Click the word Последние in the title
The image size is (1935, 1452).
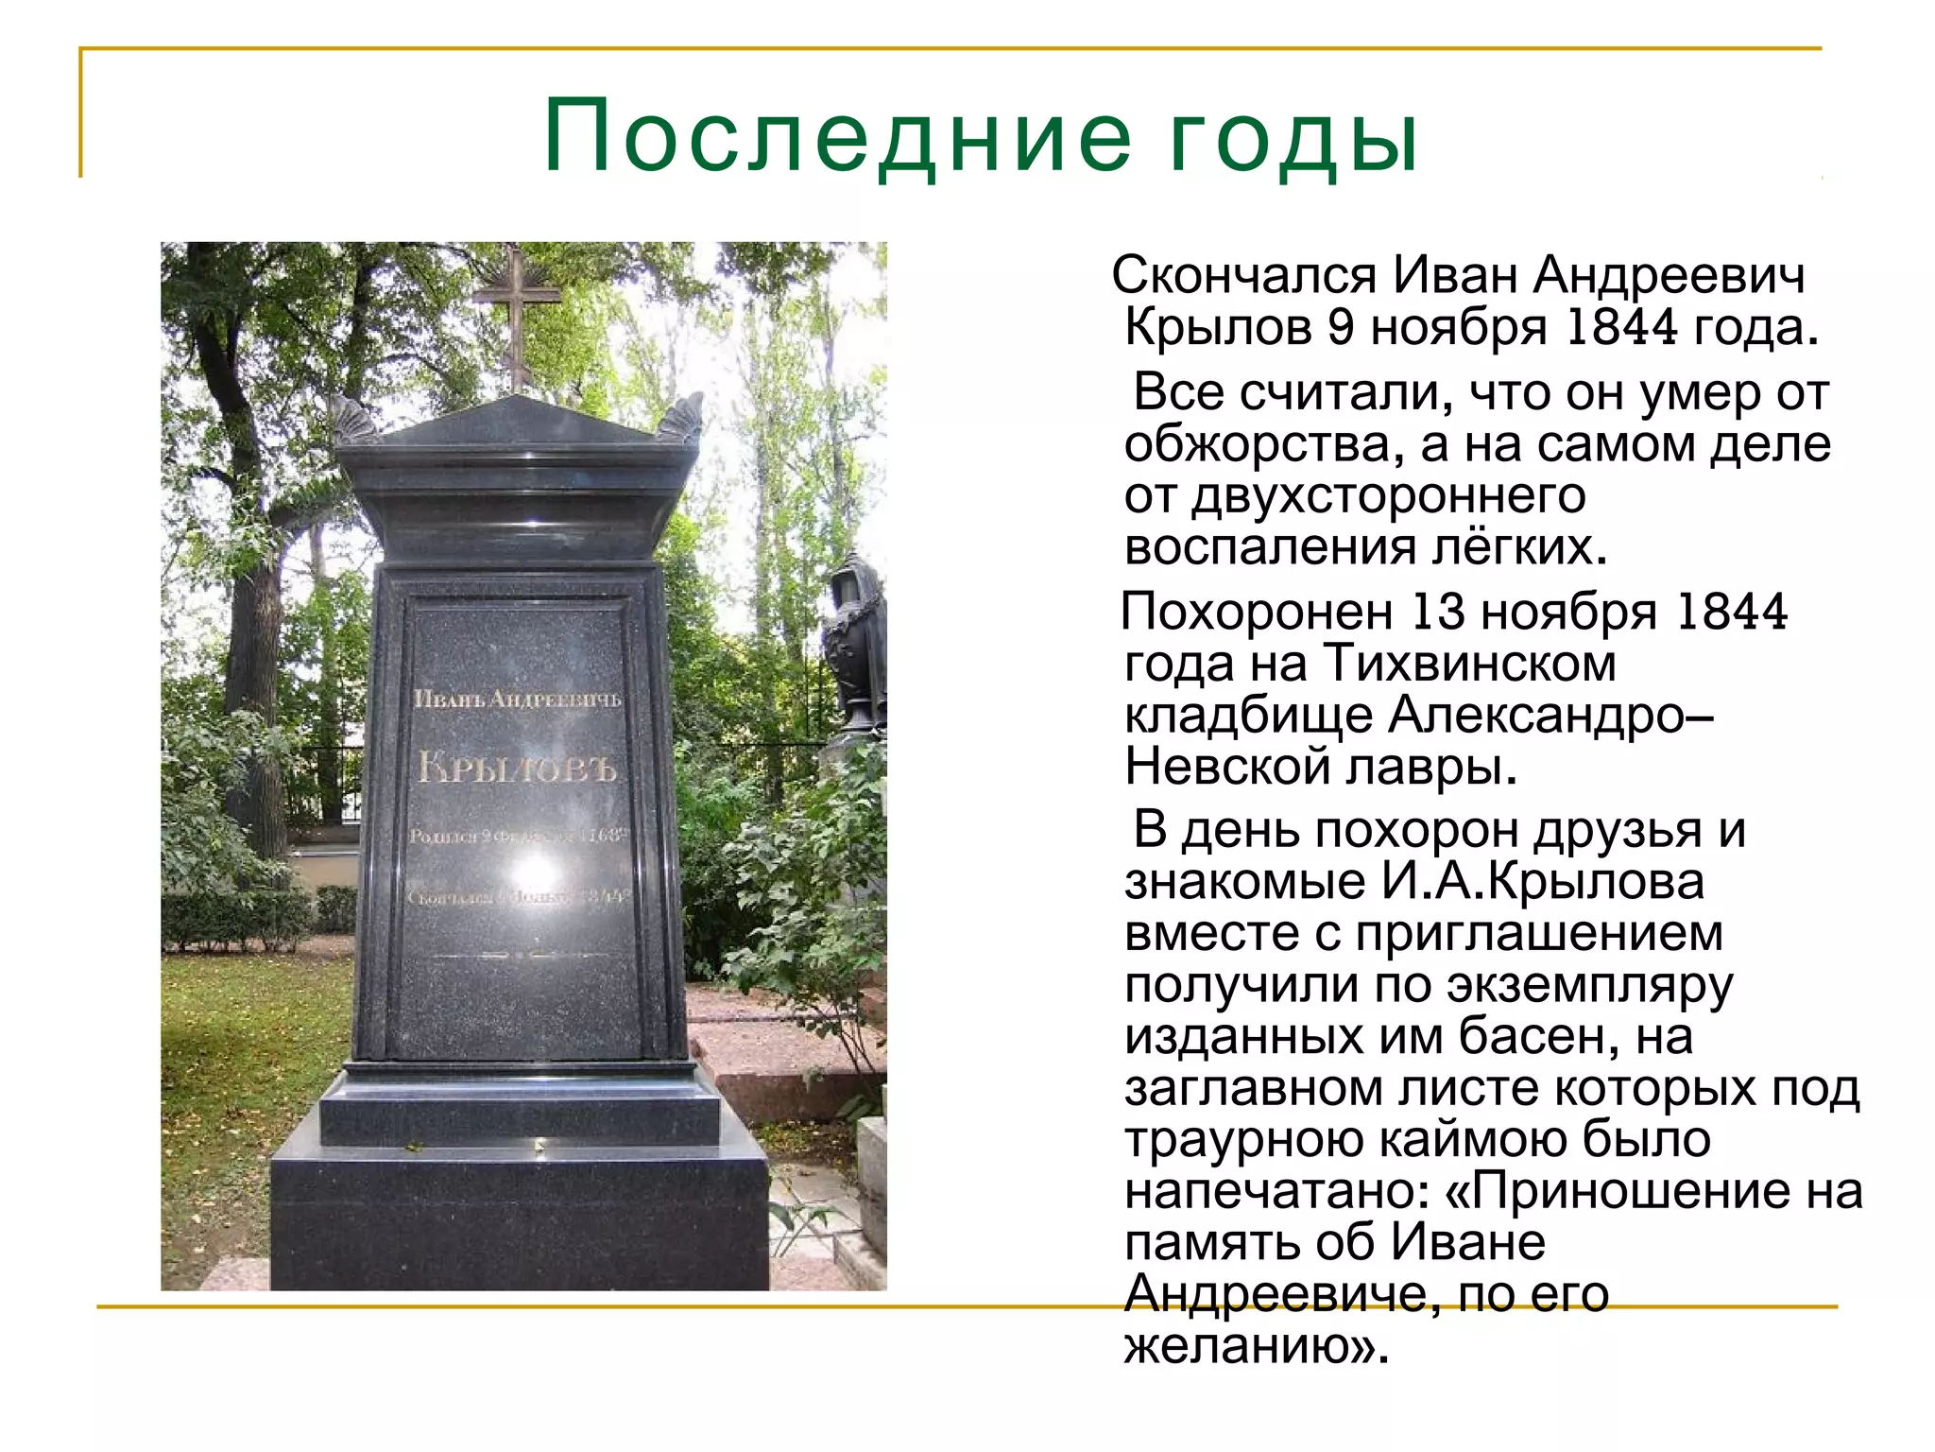[x=837, y=137]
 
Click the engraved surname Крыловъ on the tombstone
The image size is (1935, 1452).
[x=517, y=767]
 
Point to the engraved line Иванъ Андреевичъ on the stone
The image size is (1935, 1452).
[x=517, y=699]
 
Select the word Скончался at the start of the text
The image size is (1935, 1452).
[x=1244, y=276]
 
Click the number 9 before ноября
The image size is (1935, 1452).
[x=1341, y=327]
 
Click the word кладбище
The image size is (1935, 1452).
[x=1248, y=715]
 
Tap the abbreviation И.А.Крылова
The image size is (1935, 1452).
[x=1543, y=882]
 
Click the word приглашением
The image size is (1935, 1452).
[x=1539, y=933]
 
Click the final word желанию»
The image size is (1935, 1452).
[x=1257, y=1345]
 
